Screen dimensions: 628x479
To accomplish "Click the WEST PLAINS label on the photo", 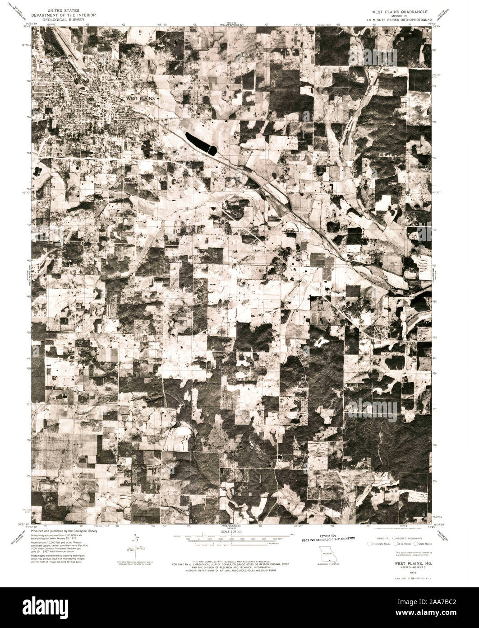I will click(141, 98).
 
